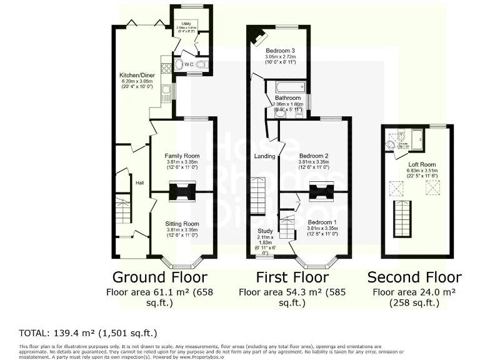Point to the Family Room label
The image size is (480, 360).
pos(182,155)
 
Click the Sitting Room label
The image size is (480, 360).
pos(182,224)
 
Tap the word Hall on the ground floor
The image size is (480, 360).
pos(141,183)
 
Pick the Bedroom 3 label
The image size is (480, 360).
pos(280,50)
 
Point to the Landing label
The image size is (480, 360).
pos(265,156)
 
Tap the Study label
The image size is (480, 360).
pos(265,231)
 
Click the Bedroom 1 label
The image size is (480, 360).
pos(322,222)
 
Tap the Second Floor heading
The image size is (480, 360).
pos(414,277)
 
